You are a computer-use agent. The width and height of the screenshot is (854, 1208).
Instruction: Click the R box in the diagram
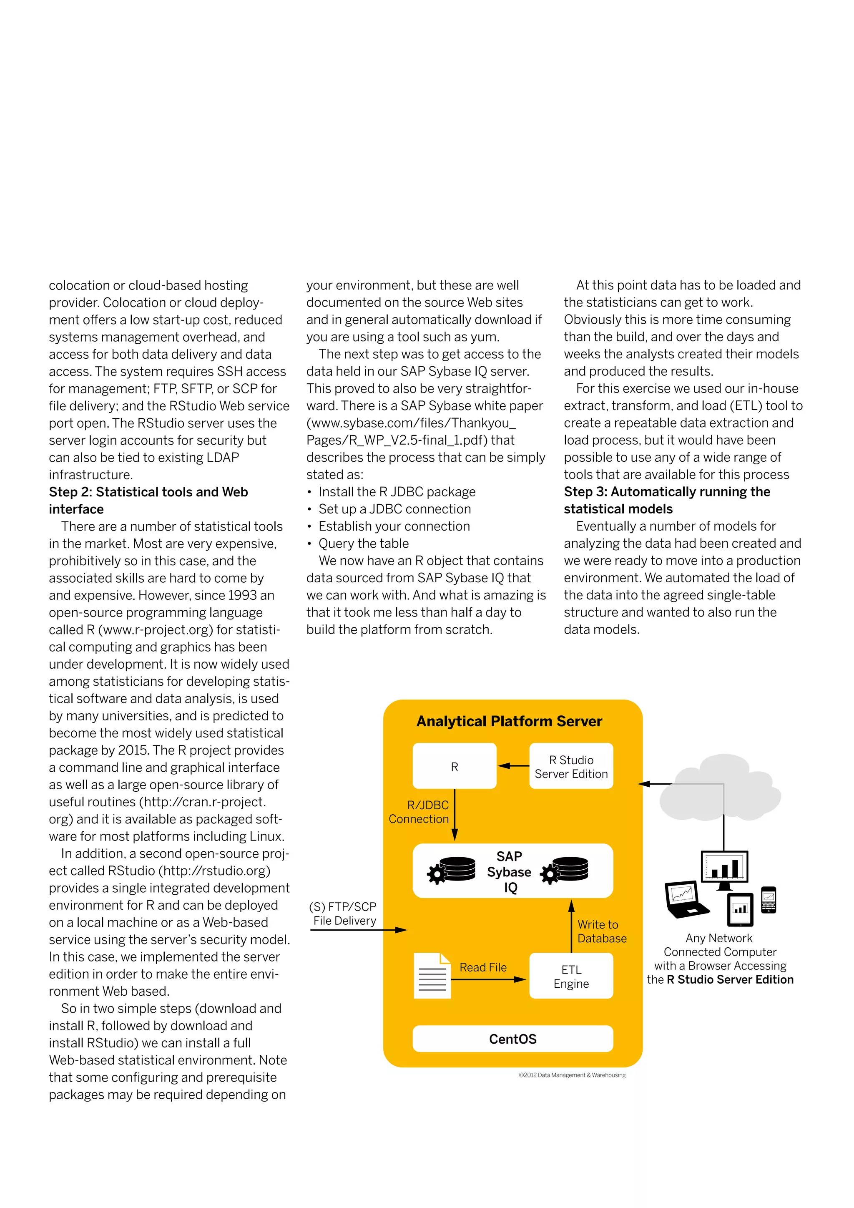coord(455,766)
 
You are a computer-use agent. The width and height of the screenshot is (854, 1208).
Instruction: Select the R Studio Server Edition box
coord(571,766)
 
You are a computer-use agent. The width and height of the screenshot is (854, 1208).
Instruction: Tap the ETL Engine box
coord(571,976)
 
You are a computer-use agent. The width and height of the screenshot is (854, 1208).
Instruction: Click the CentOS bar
coord(513,1039)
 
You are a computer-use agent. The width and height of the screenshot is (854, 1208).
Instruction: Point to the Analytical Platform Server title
coord(509,721)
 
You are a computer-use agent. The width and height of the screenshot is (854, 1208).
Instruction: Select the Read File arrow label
coord(483,967)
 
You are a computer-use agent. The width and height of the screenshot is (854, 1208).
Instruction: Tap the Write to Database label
coord(602,931)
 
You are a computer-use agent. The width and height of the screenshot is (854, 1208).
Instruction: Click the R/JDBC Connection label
coord(419,812)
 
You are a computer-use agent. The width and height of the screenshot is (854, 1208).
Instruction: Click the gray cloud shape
coord(721,787)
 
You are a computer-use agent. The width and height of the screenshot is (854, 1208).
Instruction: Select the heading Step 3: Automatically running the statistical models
coord(667,500)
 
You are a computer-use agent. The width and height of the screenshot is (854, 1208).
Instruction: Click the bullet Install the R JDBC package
coord(397,491)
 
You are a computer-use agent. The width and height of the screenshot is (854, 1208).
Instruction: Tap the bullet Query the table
coord(363,543)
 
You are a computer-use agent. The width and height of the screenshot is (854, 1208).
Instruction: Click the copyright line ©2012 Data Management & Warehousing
coord(572,1075)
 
